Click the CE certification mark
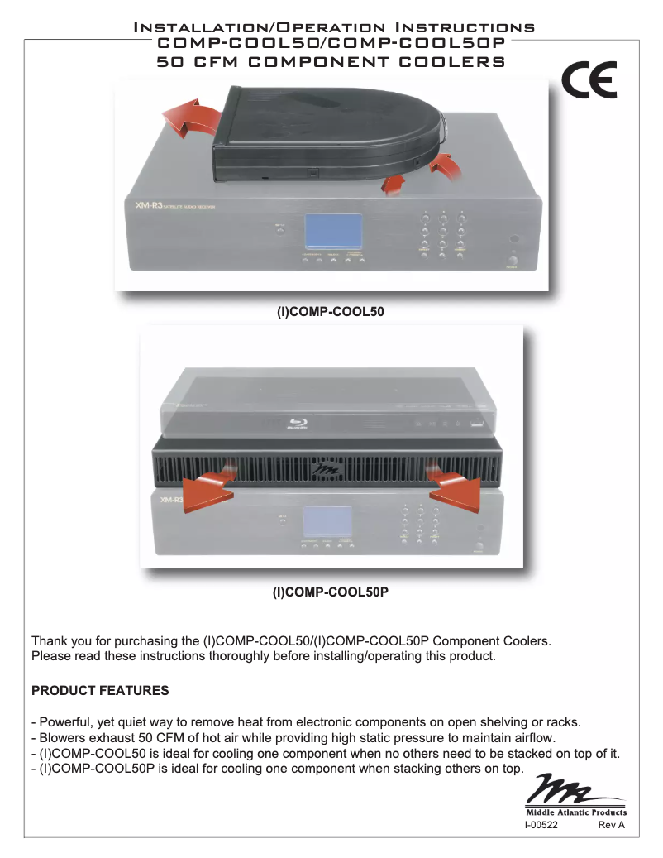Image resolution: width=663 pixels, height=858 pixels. pos(588,81)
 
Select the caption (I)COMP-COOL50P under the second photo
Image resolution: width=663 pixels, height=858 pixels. pos(331,592)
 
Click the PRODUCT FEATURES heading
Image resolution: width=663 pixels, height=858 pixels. pos(100,690)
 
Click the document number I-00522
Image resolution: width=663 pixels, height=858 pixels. pos(541,825)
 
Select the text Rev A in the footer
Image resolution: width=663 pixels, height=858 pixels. pos(611,825)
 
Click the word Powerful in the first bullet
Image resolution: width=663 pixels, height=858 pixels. pos(66,720)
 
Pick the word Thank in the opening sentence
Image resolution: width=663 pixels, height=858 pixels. pos(49,641)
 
